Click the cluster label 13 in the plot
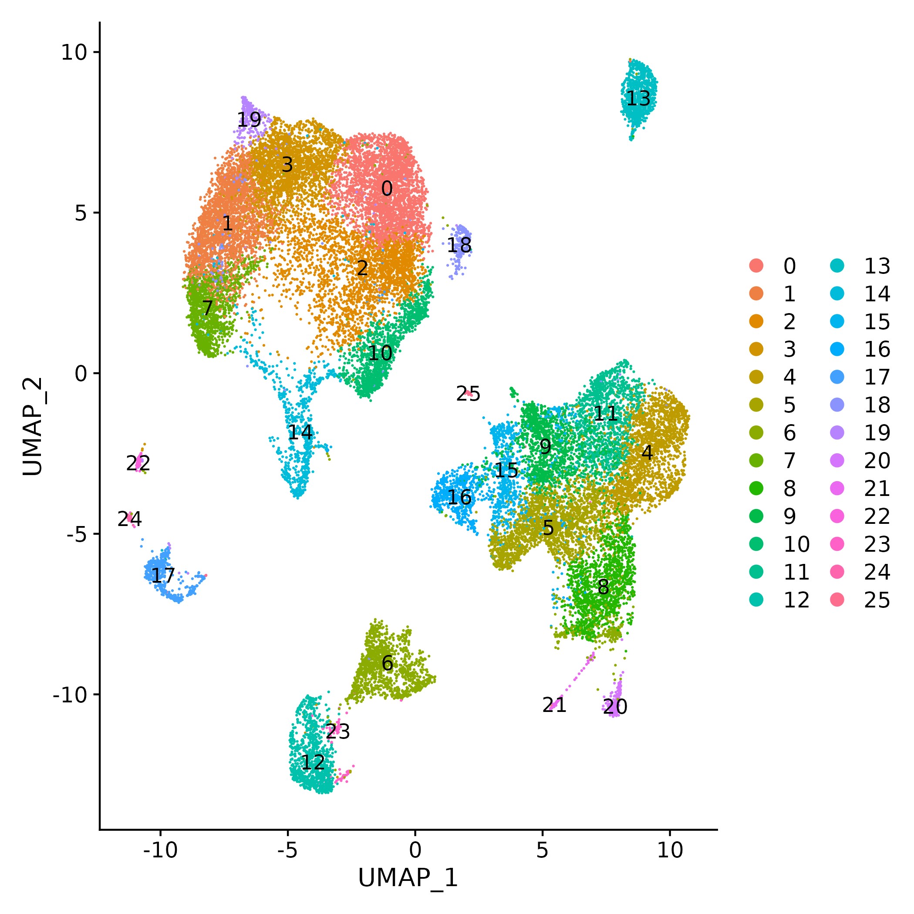[x=638, y=98]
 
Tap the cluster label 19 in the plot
[x=249, y=120]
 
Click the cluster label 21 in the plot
[x=554, y=705]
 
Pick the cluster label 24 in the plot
[x=129, y=519]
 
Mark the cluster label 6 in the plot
[x=387, y=663]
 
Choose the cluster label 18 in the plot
[x=459, y=245]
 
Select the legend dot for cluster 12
[x=756, y=600]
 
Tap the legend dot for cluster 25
[x=837, y=600]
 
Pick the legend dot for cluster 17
[x=837, y=377]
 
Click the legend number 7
[x=789, y=460]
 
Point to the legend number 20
[x=877, y=460]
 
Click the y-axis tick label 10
[x=74, y=52]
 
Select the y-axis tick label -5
[x=77, y=534]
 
